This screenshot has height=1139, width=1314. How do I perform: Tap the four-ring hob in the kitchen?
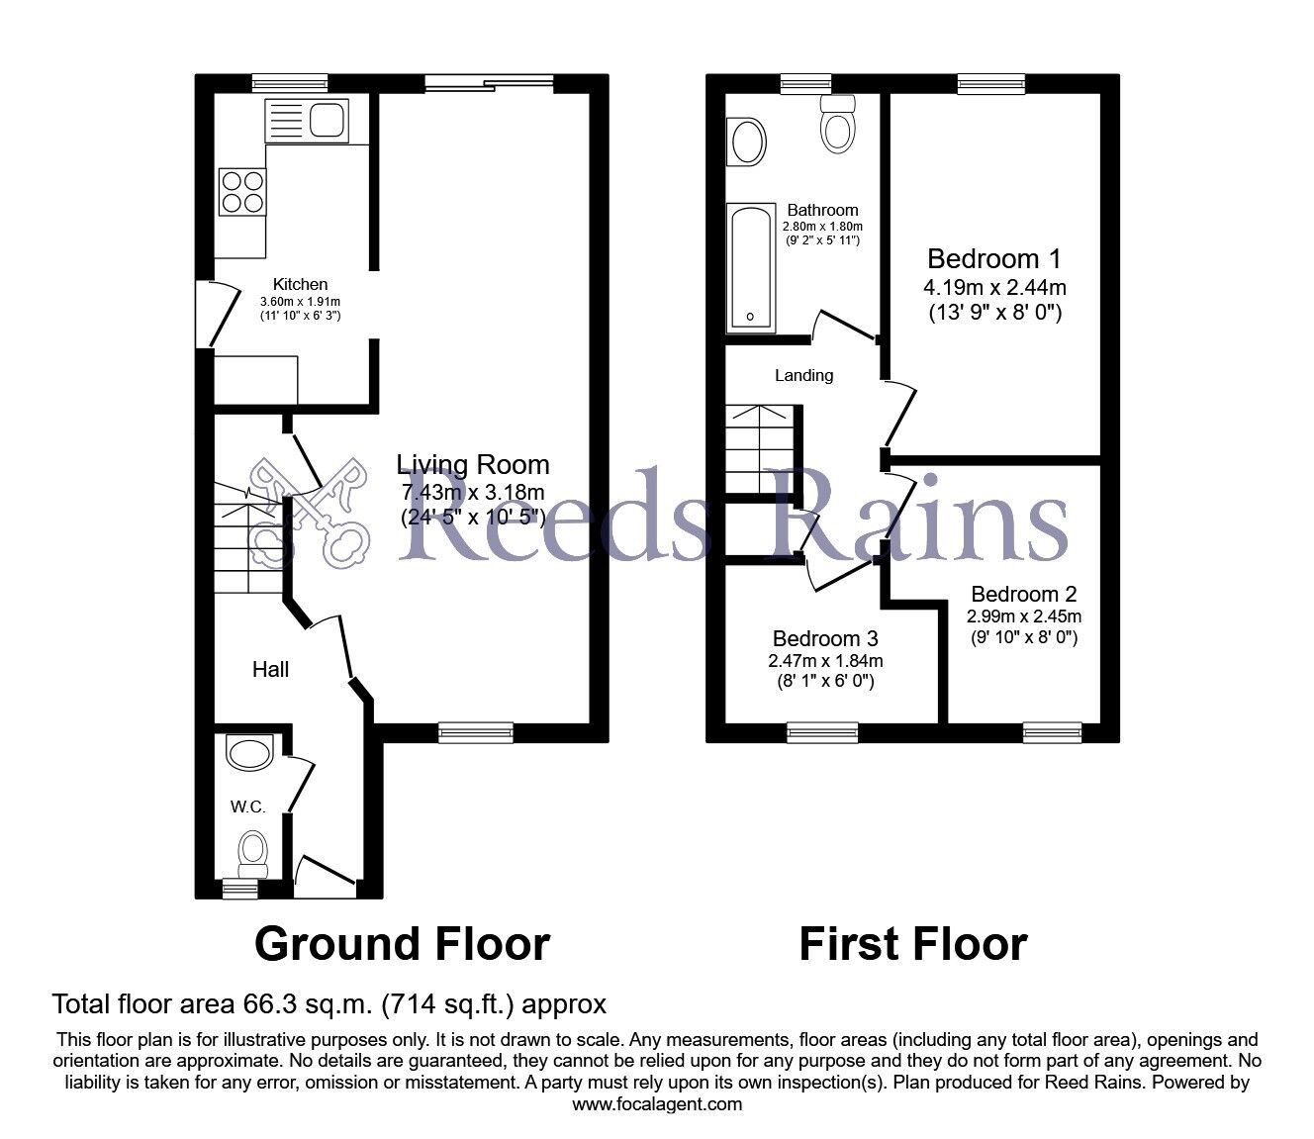tap(242, 191)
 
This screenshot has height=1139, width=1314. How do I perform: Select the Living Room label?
tap(473, 464)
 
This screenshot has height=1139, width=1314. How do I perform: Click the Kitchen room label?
tap(300, 284)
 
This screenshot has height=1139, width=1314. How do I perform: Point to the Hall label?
tap(270, 669)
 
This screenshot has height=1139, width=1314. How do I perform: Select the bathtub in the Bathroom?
tap(752, 267)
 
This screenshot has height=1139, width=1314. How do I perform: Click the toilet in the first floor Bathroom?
tap(838, 126)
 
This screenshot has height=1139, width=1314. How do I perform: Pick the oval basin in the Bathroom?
tap(747, 142)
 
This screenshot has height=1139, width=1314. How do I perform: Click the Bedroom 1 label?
tap(994, 259)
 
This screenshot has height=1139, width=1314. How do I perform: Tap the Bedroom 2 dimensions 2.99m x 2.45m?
tap(1023, 617)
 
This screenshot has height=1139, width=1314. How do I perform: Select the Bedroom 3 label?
tap(825, 638)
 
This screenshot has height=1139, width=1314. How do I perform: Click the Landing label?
tap(803, 375)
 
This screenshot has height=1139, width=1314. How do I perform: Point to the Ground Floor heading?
tap(402, 943)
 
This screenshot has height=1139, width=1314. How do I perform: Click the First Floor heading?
tap(912, 943)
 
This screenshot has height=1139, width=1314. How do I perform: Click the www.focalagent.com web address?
tap(657, 1104)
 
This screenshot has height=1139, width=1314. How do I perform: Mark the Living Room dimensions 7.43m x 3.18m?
tap(473, 492)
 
